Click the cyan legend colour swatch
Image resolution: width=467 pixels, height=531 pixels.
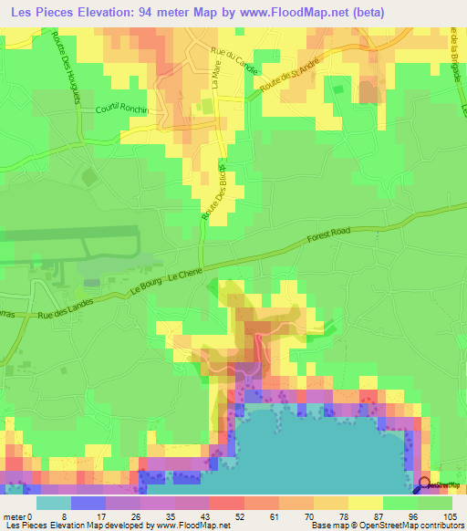[54, 503]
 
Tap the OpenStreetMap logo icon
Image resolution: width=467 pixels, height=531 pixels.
[423, 484]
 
